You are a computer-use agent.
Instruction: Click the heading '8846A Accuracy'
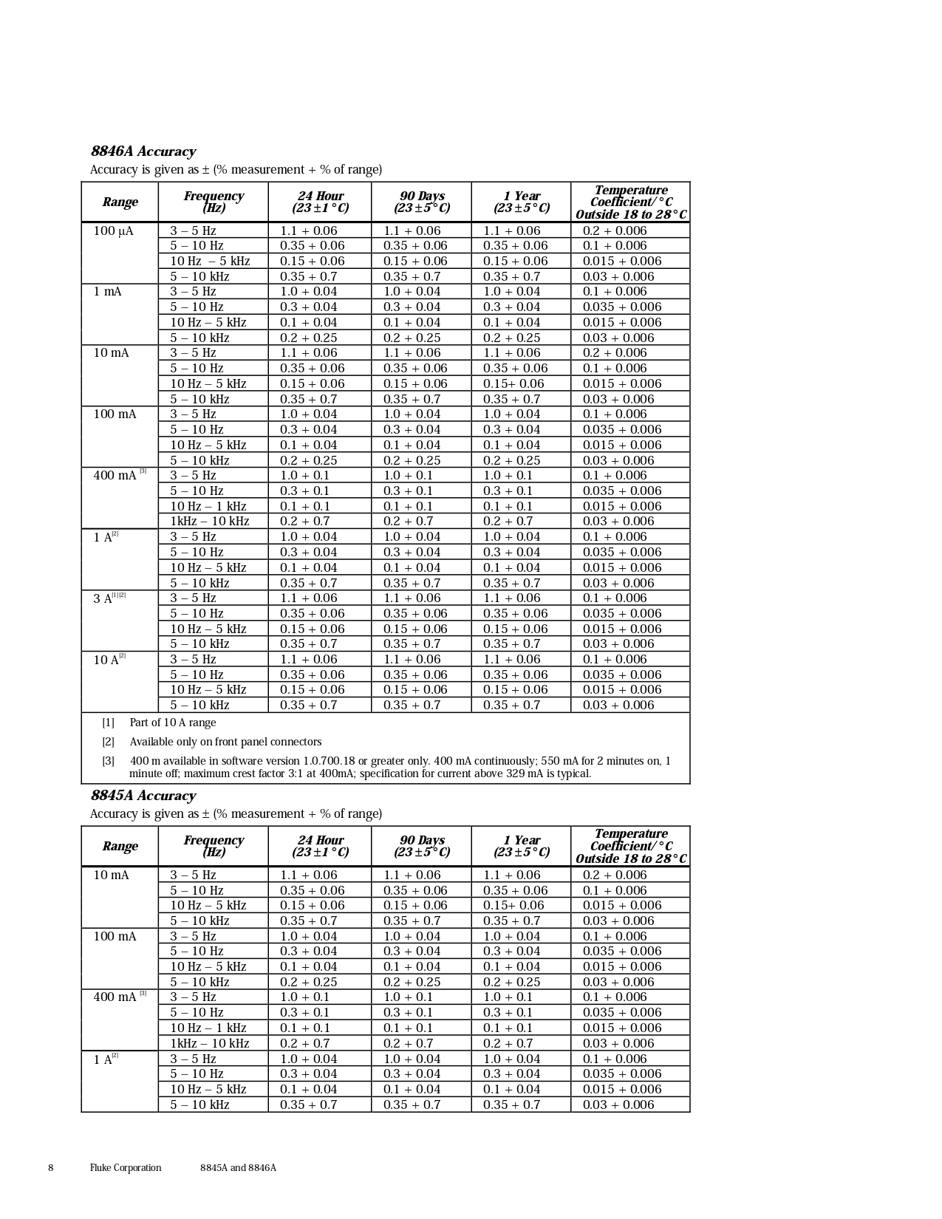(143, 151)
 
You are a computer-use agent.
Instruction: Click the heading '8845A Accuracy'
(143, 796)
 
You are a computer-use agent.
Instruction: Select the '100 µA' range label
(113, 231)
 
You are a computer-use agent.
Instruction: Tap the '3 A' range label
(103, 598)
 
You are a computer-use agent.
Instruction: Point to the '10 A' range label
(106, 660)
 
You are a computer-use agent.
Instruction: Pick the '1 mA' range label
(107, 292)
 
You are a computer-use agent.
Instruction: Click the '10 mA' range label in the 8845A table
(111, 875)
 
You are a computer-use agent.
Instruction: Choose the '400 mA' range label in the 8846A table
(115, 476)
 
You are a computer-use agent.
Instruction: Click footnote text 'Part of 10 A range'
(173, 723)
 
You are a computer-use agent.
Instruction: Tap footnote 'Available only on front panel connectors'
(225, 742)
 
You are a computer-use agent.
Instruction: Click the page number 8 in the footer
(51, 1168)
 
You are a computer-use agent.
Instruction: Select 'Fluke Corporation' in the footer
(126, 1168)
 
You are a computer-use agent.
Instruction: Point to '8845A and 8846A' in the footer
(238, 1168)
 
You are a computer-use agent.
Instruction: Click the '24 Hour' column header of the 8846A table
(320, 202)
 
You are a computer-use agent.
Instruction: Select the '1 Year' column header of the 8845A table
(522, 846)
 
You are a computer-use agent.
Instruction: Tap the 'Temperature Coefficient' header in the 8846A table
(631, 202)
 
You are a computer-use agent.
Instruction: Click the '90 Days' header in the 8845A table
(422, 846)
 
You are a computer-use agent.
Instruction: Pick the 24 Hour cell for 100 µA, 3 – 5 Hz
(308, 231)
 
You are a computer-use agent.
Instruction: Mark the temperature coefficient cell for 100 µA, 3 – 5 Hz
(615, 231)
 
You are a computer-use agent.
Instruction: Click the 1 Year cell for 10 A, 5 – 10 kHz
(511, 706)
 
